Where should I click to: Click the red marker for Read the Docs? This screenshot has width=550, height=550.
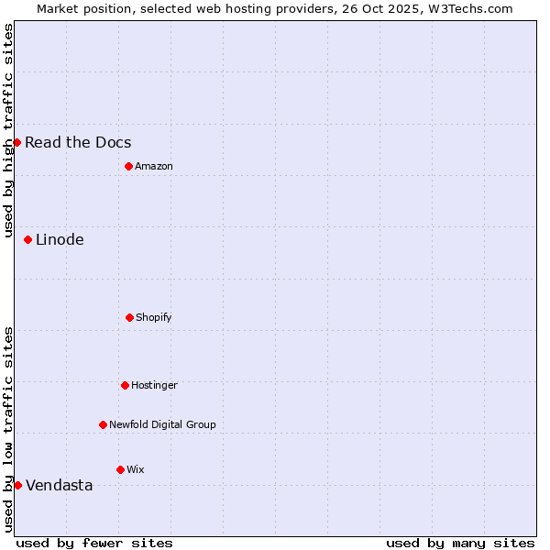click(x=16, y=142)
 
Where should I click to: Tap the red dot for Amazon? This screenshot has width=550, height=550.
click(x=128, y=166)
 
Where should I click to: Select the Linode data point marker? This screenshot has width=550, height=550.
click(x=27, y=239)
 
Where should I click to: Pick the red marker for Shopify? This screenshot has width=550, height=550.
click(x=129, y=317)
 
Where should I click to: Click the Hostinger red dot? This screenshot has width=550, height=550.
click(x=125, y=385)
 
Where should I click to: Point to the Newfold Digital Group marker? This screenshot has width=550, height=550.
click(x=103, y=424)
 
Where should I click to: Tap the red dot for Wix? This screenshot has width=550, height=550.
click(x=120, y=469)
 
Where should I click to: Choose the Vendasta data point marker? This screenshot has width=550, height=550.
click(x=17, y=485)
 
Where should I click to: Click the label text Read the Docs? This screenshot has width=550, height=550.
click(x=78, y=142)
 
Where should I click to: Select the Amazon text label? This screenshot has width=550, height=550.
click(x=154, y=166)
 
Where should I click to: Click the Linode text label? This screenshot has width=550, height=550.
click(x=60, y=239)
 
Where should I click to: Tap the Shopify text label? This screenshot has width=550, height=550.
click(x=154, y=317)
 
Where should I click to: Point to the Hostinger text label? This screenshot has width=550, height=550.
click(x=154, y=385)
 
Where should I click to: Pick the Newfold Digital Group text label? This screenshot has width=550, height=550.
click(x=162, y=424)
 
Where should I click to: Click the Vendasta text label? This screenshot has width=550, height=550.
click(x=60, y=485)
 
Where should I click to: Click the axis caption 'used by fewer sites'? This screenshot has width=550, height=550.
click(x=94, y=543)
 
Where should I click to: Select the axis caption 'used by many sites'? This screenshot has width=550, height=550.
click(x=460, y=543)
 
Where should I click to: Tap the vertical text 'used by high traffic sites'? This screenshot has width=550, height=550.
click(x=8, y=130)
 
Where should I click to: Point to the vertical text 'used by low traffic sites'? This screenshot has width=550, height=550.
click(x=8, y=429)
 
